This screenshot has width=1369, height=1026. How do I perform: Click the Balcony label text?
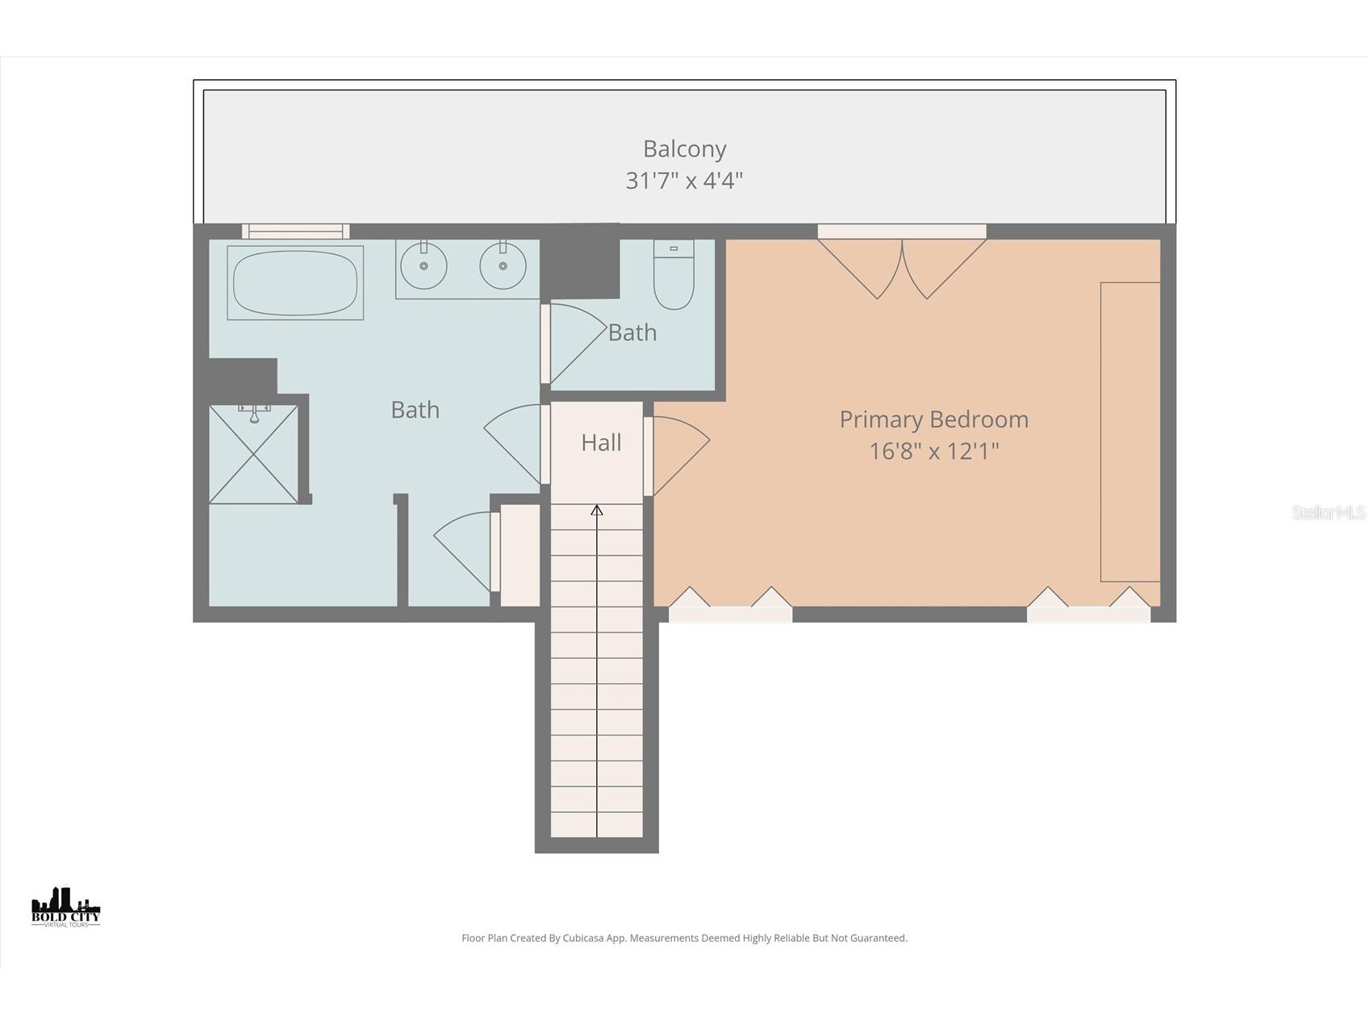684,148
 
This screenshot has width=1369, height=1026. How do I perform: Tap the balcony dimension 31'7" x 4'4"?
684,180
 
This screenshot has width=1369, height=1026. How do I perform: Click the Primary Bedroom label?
933,419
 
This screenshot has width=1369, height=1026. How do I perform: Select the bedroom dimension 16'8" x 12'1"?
933,451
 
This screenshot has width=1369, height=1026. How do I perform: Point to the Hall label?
601,442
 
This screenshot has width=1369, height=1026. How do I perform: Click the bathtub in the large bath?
295,282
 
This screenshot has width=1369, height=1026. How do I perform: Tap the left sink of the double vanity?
423,265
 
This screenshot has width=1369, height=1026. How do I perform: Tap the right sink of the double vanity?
503,265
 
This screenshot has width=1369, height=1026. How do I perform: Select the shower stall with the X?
253,456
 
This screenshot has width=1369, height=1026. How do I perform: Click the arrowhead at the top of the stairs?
597,510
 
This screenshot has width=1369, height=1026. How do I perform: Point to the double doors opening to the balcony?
902,266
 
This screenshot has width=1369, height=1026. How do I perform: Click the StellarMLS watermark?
1328,512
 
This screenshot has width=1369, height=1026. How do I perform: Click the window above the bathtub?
295,231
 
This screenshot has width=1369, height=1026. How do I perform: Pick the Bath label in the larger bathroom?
415,410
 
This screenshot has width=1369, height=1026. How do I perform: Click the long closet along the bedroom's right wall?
1130,432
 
